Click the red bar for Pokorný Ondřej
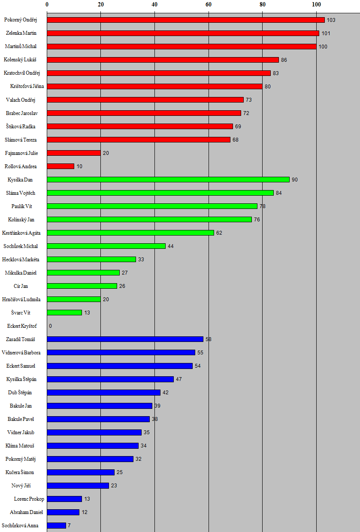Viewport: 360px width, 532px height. tap(185, 20)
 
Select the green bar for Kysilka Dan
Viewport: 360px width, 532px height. tap(168, 179)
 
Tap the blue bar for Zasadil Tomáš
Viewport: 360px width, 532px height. tap(125, 339)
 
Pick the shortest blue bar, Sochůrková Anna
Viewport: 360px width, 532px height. tap(56, 525)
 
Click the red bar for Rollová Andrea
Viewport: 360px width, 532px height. tap(61, 166)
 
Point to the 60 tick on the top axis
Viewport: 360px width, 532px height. tap(209, 4)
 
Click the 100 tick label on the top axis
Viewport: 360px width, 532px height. tap(316, 4)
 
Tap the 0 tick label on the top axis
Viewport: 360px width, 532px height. tap(47, 4)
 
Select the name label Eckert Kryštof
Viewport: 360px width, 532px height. tap(22, 326)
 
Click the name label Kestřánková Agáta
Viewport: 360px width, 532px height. tap(21, 233)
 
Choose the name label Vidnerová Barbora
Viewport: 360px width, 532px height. tap(21, 353)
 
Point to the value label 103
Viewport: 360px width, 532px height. tap(331, 20)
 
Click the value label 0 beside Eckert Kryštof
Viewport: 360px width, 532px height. tap(50, 326)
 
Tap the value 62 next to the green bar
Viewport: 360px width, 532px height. tap(219, 233)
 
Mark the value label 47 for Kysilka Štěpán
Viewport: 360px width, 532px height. tap(179, 379)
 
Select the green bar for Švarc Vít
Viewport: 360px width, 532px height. tap(64, 312)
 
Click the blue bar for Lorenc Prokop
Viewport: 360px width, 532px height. tap(64, 499)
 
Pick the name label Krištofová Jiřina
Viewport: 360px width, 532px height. tap(27, 86)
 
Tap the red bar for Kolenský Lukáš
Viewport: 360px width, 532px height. tap(163, 60)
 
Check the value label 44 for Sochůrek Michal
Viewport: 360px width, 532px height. tap(171, 246)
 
